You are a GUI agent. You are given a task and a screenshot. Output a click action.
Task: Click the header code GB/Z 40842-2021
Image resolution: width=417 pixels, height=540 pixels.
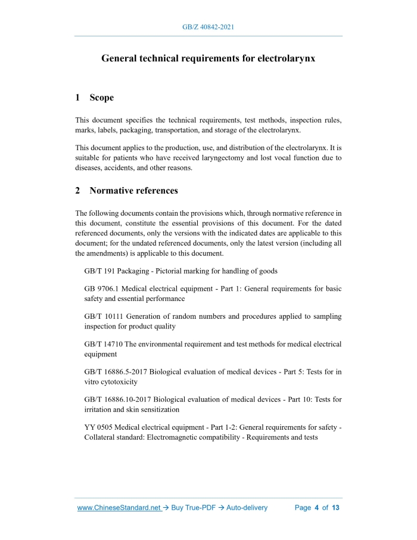click(x=208, y=27)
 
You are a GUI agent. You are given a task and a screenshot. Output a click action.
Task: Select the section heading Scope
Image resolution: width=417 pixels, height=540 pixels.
click(x=101, y=97)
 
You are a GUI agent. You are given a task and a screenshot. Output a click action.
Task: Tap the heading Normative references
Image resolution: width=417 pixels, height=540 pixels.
click(x=133, y=191)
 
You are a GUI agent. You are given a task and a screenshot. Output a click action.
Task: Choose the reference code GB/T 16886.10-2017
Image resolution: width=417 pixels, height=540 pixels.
click(x=118, y=399)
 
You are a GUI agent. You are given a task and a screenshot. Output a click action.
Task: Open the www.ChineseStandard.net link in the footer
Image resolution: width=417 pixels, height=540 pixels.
click(x=119, y=508)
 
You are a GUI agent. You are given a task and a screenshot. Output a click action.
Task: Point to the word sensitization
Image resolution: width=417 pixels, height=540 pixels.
click(x=158, y=409)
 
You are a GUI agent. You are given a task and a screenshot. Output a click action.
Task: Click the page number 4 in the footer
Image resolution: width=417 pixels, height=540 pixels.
click(x=317, y=508)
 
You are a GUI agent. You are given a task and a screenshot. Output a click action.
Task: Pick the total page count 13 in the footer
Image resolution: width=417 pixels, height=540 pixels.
click(x=335, y=508)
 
